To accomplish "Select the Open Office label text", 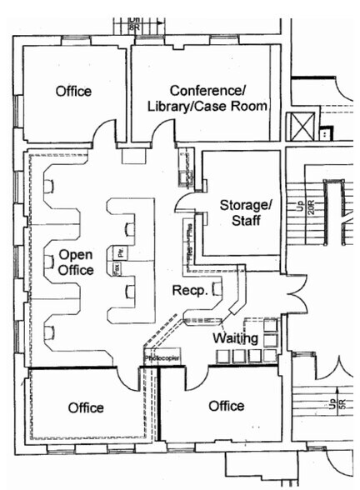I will (76, 262).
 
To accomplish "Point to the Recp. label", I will (188, 289).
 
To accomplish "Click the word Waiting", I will (234, 338).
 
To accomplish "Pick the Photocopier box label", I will (162, 357).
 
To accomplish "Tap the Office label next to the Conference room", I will (73, 91).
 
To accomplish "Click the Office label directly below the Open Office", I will (86, 407).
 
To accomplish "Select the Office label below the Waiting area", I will (226, 406).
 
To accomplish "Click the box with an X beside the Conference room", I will (299, 127).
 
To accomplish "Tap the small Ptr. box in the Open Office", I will (121, 252).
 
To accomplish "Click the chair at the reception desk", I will (217, 289).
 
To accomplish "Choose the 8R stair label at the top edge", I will (134, 22).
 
